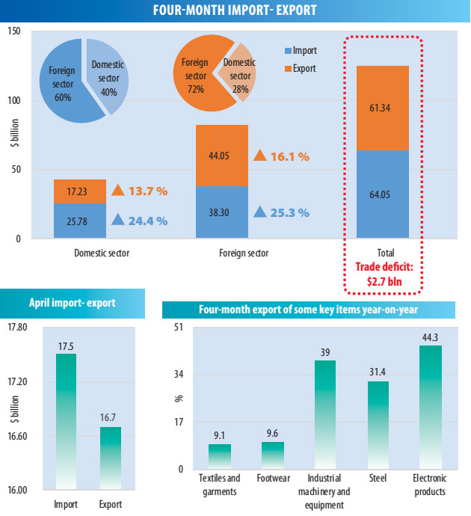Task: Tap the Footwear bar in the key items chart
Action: point(273,455)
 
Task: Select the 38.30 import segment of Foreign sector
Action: point(222,212)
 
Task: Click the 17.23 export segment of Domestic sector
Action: point(79,192)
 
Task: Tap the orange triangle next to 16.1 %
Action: point(260,156)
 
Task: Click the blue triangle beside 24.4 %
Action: point(118,220)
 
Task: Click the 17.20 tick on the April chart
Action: point(16,381)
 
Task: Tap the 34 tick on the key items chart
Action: point(179,374)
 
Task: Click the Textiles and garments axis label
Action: point(220,485)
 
